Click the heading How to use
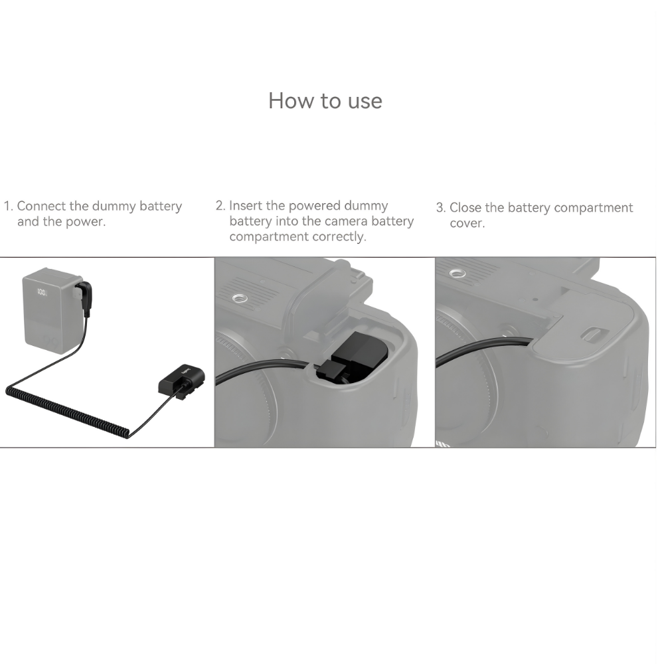point(325,101)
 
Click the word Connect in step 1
point(42,207)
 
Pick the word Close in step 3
point(465,208)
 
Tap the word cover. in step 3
point(467,224)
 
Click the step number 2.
point(220,206)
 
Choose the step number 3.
point(440,208)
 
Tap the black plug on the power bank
point(84,295)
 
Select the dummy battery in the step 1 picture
point(181,384)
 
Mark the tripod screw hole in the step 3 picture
point(456,273)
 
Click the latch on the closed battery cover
point(593,336)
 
